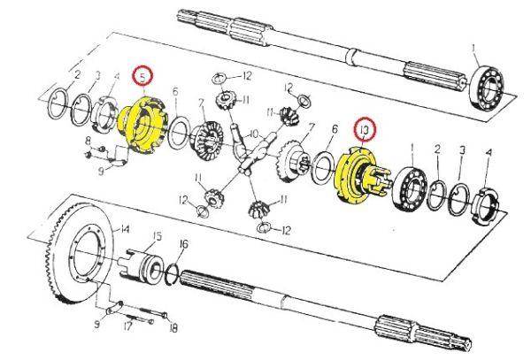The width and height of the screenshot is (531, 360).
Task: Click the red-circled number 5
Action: [x=142, y=77]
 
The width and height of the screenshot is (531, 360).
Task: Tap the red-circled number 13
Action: [x=363, y=131]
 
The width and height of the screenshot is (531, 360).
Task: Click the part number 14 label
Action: [x=125, y=228]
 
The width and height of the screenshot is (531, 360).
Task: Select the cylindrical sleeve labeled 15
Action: [x=147, y=264]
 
